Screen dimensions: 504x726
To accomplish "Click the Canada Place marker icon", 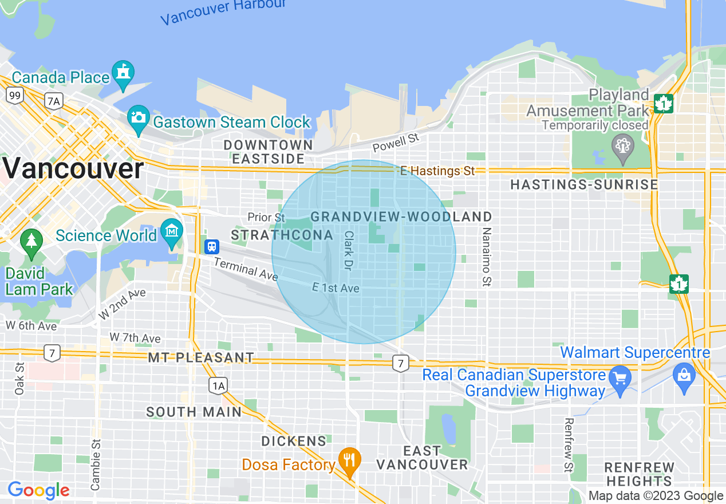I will click(123, 72).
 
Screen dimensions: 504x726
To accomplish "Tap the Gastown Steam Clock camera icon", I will click(138, 117).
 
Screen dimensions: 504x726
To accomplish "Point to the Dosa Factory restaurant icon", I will click(349, 459).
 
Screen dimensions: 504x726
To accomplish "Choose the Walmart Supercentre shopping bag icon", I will click(685, 375).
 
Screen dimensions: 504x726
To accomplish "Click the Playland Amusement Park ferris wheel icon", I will click(622, 144).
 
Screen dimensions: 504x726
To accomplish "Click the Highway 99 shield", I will click(15, 95).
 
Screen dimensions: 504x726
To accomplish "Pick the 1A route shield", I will click(218, 386).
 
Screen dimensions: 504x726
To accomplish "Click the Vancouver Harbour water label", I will click(223, 11).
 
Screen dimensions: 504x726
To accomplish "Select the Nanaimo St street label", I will click(487, 257).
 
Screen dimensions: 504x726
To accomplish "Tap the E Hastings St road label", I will click(438, 171).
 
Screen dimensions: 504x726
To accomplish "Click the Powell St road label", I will click(396, 143).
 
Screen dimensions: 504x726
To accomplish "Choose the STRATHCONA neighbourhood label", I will click(282, 235).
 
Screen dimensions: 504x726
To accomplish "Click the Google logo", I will click(38, 490).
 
